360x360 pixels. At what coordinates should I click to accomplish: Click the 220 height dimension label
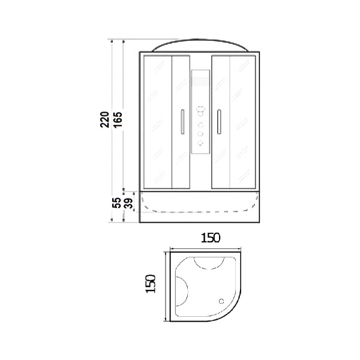104,119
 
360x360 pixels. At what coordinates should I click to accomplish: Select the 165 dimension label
118,120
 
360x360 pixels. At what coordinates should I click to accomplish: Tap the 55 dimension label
116,203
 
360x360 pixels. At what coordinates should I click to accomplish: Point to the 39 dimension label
128,203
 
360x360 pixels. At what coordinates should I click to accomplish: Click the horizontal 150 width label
211,238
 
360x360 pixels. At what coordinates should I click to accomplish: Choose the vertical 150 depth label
151,284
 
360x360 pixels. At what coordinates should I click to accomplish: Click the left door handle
182,122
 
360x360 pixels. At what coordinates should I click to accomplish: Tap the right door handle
219,122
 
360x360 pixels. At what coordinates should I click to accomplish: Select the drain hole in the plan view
221,301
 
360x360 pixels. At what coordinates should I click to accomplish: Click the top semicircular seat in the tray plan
209,269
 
